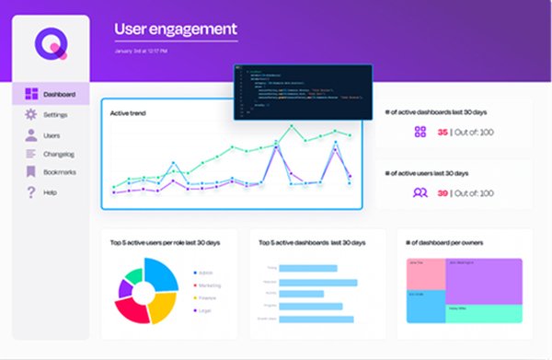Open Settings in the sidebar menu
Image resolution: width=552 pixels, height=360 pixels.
pos(54,114)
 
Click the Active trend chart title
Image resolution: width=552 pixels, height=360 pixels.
pos(129,113)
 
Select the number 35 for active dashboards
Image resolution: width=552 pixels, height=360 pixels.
pos(443,132)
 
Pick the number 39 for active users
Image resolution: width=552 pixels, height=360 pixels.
pos(443,192)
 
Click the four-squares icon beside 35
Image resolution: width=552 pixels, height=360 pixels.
pos(420,132)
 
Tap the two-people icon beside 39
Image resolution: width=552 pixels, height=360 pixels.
pos(420,192)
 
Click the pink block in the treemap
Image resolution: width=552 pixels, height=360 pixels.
pos(425,273)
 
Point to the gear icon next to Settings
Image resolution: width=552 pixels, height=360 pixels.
pos(30,114)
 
